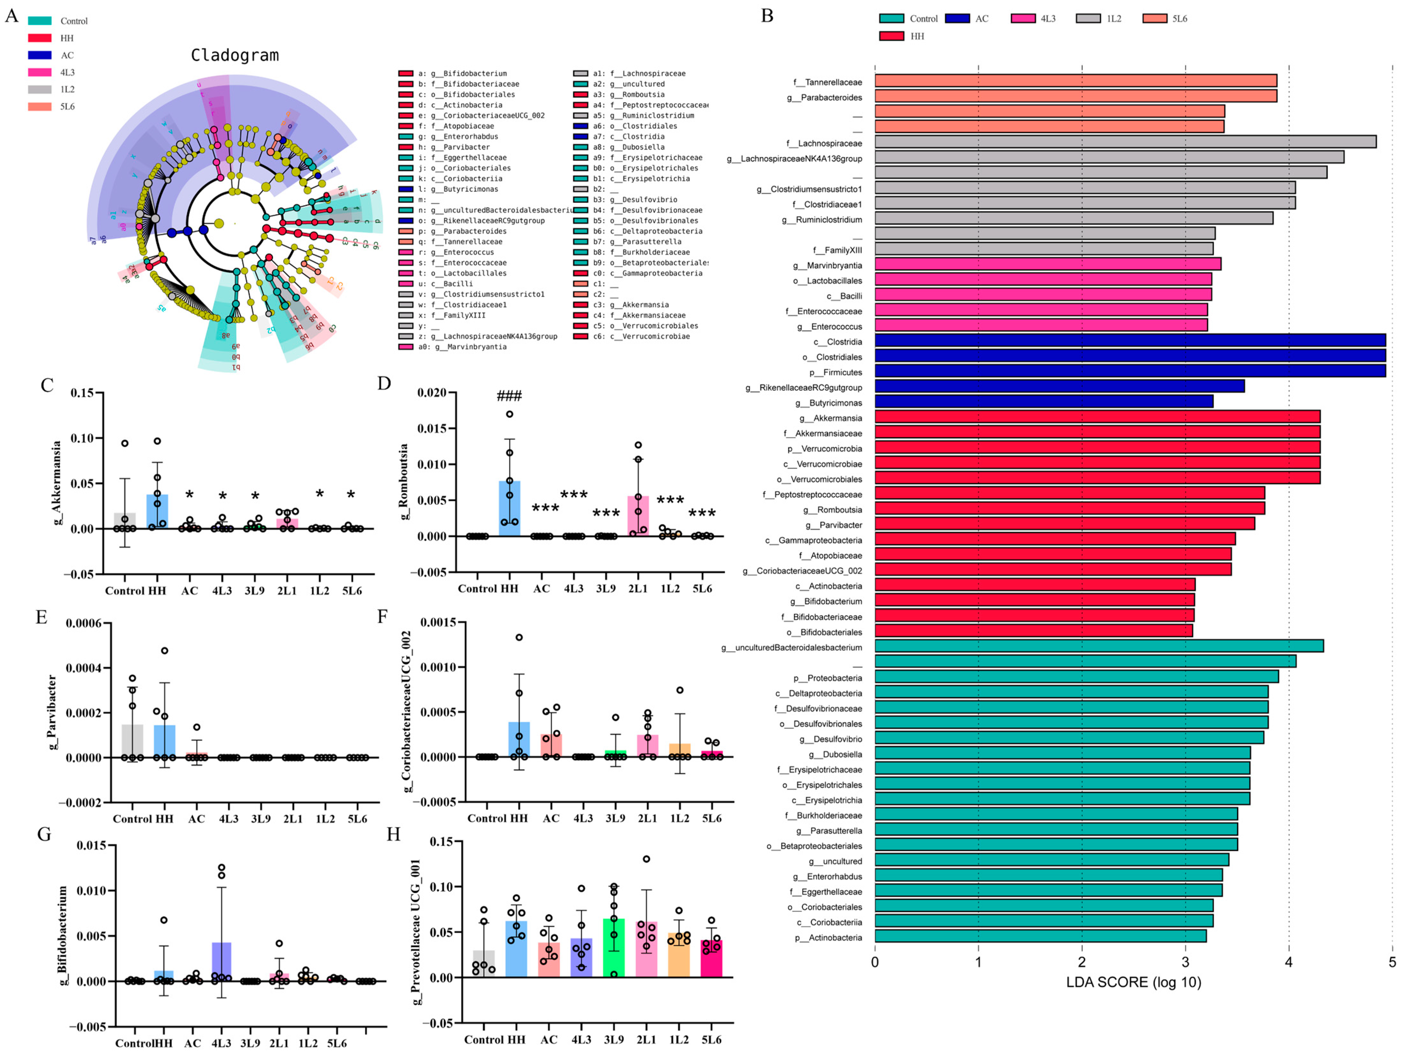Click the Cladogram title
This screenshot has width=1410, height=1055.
[235, 55]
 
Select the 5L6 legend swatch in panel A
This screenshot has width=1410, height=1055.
[39, 107]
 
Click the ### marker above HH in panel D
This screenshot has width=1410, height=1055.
[509, 396]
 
